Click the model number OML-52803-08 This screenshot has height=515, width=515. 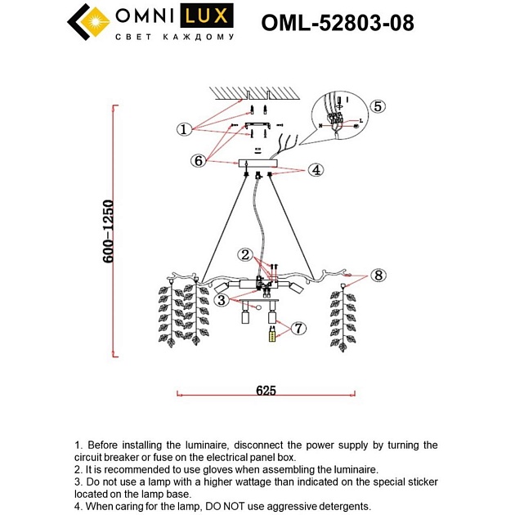(337, 24)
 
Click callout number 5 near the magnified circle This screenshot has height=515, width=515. (377, 106)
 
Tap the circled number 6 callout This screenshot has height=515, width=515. (198, 160)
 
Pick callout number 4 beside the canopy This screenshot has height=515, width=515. (316, 170)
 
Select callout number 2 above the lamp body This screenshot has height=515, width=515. (244, 254)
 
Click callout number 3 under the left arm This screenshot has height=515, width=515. (222, 300)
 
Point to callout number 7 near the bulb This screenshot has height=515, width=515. (298, 328)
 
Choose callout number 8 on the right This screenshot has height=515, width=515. (377, 275)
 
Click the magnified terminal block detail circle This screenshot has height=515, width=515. (337, 120)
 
